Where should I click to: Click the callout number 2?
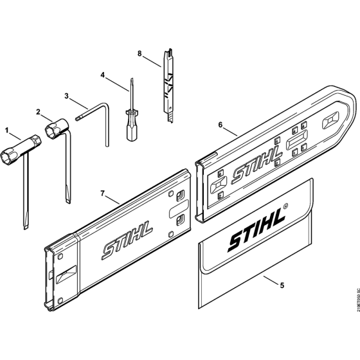pos(40,112)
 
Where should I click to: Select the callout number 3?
pos(67,96)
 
